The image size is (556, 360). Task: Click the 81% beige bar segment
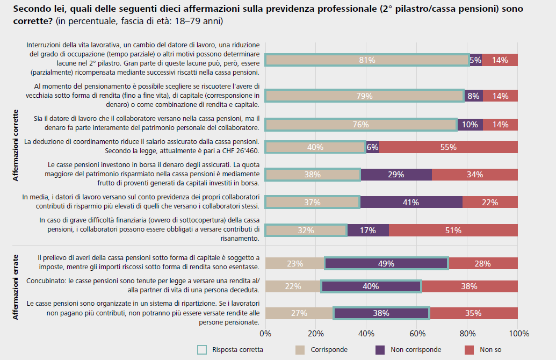click(367, 60)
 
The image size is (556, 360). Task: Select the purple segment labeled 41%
click(411, 203)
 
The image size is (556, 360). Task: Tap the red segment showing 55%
click(449, 147)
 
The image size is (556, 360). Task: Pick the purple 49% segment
click(386, 264)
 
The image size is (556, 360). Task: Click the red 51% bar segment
click(453, 231)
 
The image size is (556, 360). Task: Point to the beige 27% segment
click(299, 313)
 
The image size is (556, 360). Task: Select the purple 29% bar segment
click(396, 175)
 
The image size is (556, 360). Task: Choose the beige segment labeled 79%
click(364, 96)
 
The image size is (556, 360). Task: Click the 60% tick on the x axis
click(417, 333)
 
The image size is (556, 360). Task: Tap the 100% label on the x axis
click(518, 333)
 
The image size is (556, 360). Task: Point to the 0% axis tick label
click(265, 333)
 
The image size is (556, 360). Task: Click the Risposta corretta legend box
click(202, 350)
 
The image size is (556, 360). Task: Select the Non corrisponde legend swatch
click(380, 350)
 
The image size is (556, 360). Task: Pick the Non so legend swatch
click(470, 350)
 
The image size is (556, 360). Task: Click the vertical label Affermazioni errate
click(16, 287)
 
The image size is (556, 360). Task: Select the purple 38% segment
click(381, 313)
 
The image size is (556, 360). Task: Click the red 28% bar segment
click(482, 264)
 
